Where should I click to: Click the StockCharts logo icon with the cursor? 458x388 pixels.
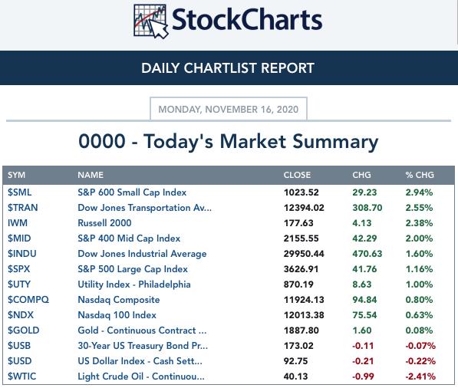click(x=150, y=21)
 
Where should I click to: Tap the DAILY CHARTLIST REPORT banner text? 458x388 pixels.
click(x=228, y=68)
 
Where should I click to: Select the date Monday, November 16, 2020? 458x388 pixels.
click(x=229, y=109)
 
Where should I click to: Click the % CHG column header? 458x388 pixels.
click(x=420, y=175)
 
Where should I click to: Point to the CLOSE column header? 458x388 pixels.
click(x=297, y=175)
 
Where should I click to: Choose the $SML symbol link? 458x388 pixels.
click(x=20, y=192)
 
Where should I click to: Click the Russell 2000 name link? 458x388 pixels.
click(x=104, y=223)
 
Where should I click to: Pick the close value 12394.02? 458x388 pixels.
click(x=304, y=208)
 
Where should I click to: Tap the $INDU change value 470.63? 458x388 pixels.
click(x=367, y=254)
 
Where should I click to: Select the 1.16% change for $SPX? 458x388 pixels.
click(x=419, y=269)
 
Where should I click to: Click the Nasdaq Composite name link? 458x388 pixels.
click(x=119, y=300)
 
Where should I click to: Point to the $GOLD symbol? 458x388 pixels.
click(x=23, y=330)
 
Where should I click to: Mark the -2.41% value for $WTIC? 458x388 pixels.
click(x=420, y=376)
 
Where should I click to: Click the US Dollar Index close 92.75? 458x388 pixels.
click(x=295, y=361)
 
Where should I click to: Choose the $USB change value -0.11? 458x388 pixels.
click(x=363, y=346)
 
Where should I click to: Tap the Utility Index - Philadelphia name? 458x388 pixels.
click(x=134, y=284)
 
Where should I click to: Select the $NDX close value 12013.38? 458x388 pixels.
click(x=304, y=315)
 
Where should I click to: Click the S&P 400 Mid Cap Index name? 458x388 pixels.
click(x=129, y=238)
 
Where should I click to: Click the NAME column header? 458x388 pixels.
click(x=91, y=175)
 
